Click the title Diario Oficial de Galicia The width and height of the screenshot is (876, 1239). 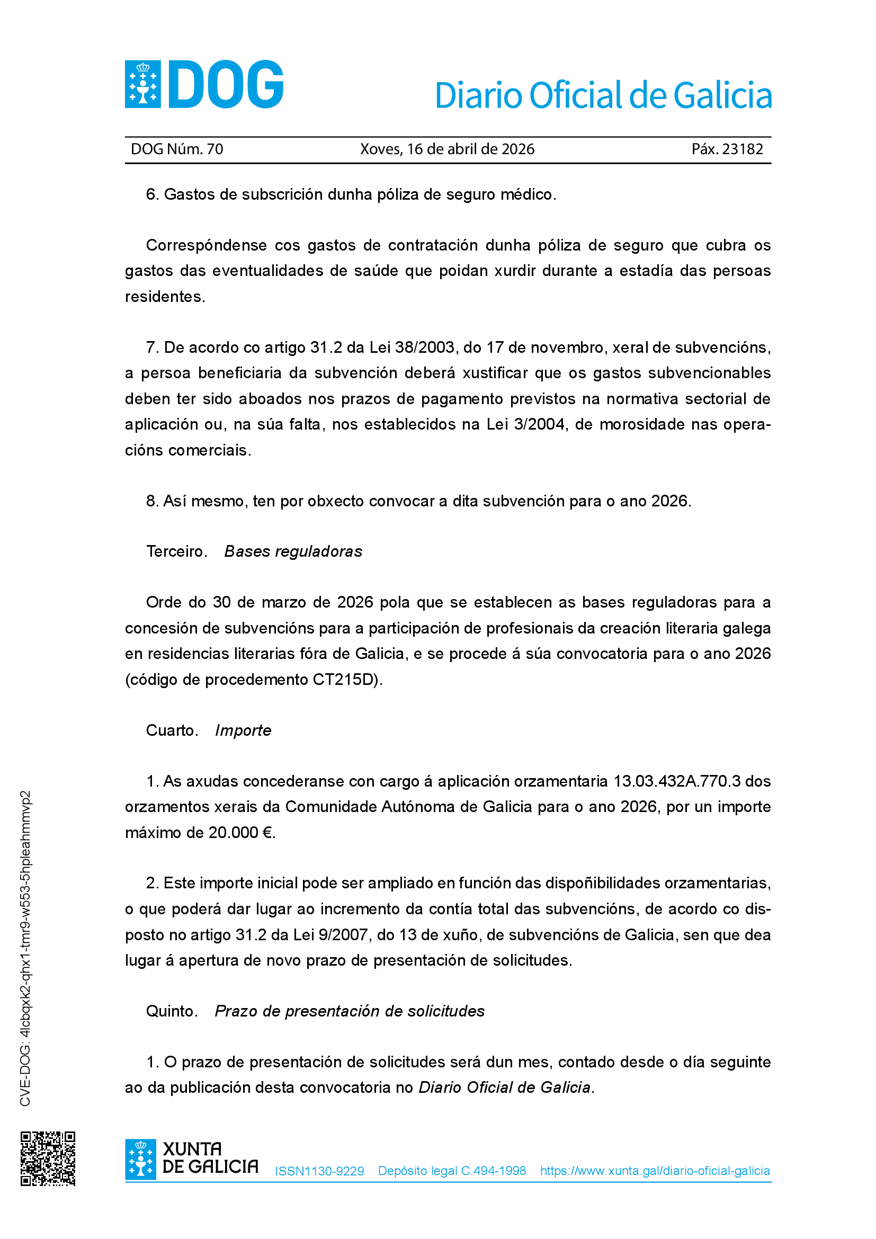pyautogui.click(x=603, y=95)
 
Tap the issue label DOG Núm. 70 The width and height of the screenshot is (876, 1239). pyautogui.click(x=177, y=149)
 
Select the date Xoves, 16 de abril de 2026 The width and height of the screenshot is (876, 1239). pyautogui.click(x=447, y=149)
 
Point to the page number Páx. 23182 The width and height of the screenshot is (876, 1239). pyautogui.click(x=727, y=149)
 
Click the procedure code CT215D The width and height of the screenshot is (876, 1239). pyautogui.click(x=345, y=680)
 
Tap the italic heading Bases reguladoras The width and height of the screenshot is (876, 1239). pyautogui.click(x=293, y=551)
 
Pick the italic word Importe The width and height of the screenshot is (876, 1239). pyautogui.click(x=243, y=730)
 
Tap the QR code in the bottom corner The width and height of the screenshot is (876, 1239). pyautogui.click(x=48, y=1158)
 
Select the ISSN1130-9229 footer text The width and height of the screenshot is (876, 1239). pyautogui.click(x=319, y=1171)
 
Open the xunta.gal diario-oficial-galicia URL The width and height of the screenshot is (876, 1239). pyautogui.click(x=655, y=1171)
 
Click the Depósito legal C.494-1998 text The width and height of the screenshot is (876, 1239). pyautogui.click(x=452, y=1171)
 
